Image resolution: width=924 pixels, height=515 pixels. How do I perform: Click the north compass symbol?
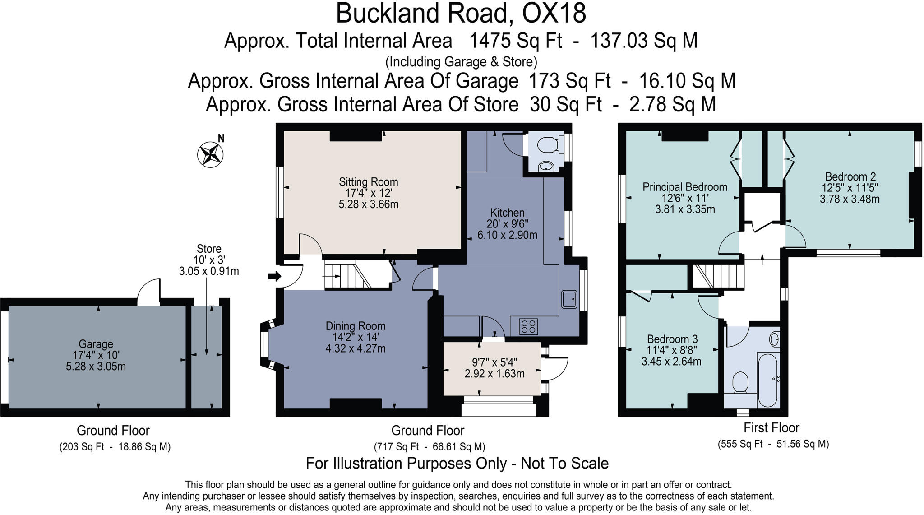pyautogui.click(x=211, y=154)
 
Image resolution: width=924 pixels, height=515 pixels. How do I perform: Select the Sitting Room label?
pyautogui.click(x=369, y=182)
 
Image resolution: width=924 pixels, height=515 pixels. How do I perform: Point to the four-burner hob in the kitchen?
pyautogui.click(x=528, y=326)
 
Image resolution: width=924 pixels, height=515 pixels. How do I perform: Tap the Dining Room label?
pyautogui.click(x=356, y=326)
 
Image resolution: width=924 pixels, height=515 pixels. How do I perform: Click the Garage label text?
pyautogui.click(x=96, y=344)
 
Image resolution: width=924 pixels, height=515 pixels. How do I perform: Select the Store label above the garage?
pyautogui.click(x=209, y=249)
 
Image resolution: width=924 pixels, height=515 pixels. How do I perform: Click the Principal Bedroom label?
pyautogui.click(x=685, y=187)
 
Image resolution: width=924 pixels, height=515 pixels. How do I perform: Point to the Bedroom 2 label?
pyautogui.click(x=850, y=176)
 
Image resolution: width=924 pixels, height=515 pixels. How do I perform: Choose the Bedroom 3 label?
pyautogui.click(x=672, y=339)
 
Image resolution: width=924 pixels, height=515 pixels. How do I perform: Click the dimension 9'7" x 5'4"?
pyautogui.click(x=494, y=362)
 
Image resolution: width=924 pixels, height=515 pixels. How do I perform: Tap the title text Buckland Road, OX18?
pyautogui.click(x=461, y=13)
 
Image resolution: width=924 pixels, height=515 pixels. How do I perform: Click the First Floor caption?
pyautogui.click(x=772, y=427)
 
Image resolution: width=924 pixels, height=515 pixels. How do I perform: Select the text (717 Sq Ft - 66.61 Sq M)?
pyautogui.click(x=430, y=447)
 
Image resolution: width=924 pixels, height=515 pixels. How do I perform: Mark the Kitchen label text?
pyautogui.click(x=508, y=213)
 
